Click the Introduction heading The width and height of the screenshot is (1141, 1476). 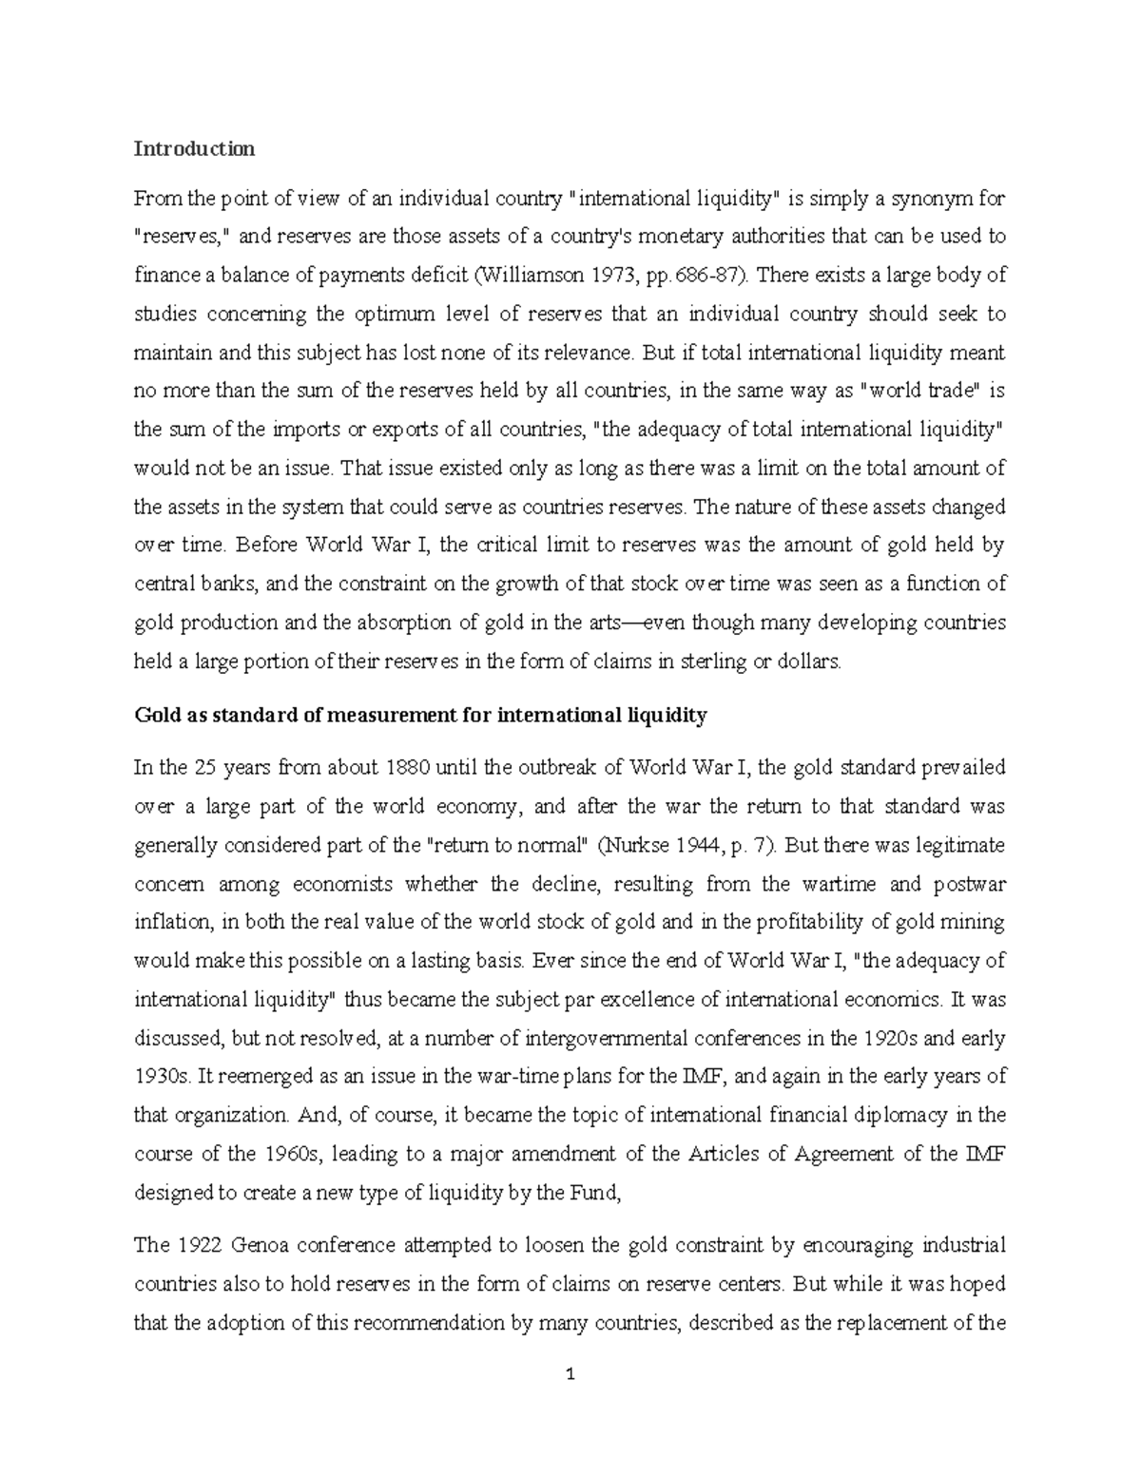[x=194, y=148]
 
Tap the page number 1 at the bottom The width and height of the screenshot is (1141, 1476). [x=570, y=1373]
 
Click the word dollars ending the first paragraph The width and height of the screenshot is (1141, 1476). [x=809, y=661]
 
